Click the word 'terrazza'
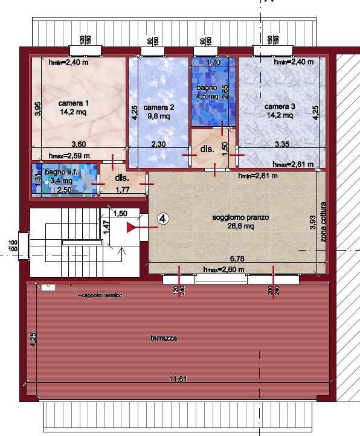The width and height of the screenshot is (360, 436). coord(164,339)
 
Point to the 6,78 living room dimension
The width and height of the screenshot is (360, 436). coord(237,260)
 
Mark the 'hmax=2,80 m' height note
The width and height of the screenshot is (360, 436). coord(223,269)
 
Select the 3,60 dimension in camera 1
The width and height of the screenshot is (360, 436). coord(79,145)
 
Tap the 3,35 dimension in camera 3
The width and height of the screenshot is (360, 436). coord(281,145)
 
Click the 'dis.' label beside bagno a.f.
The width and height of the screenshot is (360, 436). coord(123,178)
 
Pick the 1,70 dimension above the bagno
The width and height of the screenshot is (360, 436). coord(213,62)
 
